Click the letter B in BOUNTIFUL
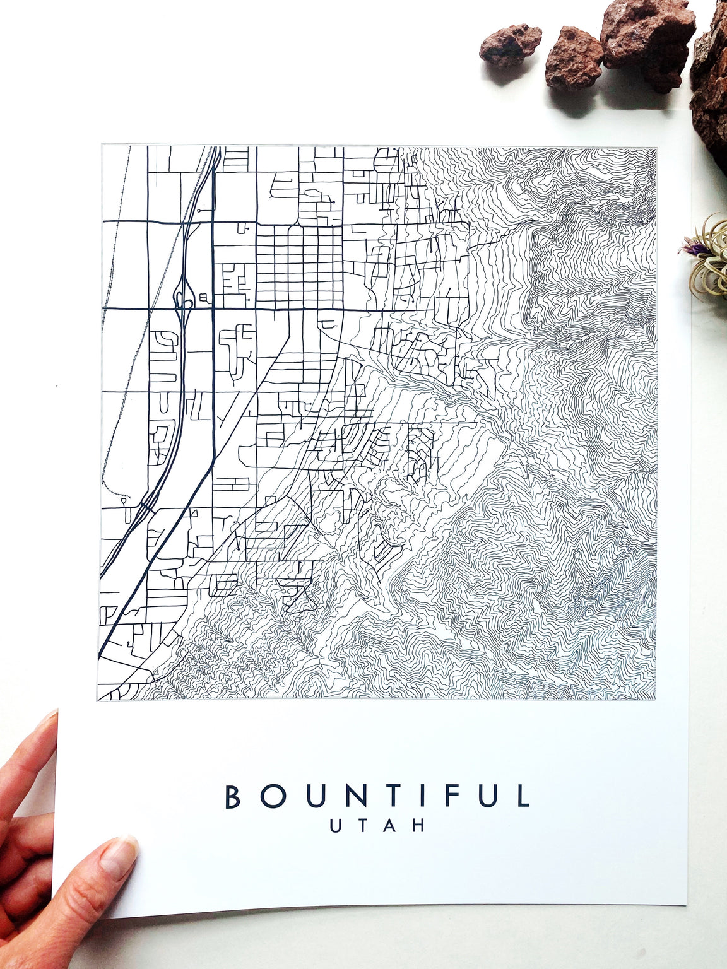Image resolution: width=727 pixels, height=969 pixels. [233, 796]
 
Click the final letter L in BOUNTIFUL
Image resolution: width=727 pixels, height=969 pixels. [523, 796]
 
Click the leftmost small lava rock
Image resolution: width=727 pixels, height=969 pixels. [510, 45]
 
